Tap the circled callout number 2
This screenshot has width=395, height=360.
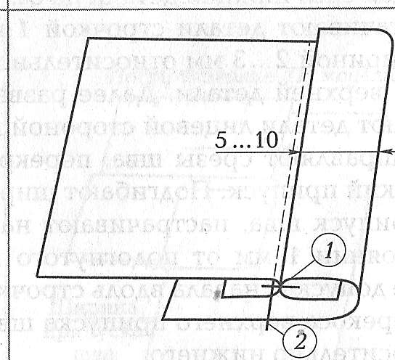300,342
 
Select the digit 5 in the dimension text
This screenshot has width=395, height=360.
221,140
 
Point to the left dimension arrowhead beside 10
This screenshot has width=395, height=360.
295,152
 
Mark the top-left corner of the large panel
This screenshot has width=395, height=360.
88,38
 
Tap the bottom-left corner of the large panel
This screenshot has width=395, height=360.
37,277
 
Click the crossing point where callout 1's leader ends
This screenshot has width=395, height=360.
281,287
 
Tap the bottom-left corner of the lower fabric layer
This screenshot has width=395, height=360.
162,319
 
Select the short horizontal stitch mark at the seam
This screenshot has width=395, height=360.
280,287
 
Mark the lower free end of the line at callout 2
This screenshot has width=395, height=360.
267,330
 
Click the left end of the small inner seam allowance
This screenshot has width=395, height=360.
222,297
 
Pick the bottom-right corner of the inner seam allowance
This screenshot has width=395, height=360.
338,299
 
